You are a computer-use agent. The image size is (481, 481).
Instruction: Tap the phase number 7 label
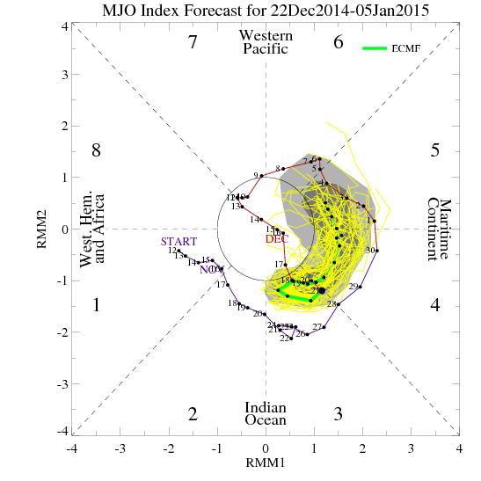(x=193, y=42)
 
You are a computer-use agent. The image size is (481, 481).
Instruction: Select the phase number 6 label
(x=339, y=42)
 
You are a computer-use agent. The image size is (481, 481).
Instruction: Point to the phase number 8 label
(x=97, y=150)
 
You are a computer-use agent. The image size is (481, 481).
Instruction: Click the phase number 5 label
(x=434, y=150)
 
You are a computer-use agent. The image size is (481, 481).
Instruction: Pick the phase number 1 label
(x=97, y=305)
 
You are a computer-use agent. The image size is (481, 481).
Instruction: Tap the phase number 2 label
(x=193, y=413)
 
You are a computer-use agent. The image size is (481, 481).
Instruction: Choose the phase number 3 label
(x=339, y=413)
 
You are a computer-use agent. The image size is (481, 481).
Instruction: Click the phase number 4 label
(x=434, y=305)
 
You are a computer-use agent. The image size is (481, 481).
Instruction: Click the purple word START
(x=179, y=242)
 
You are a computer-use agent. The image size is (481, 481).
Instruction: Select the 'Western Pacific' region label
(x=266, y=41)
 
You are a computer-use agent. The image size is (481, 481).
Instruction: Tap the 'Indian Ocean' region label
(x=266, y=413)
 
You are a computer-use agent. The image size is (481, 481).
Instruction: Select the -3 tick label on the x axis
(x=120, y=448)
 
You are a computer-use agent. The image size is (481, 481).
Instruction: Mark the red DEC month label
(x=275, y=238)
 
